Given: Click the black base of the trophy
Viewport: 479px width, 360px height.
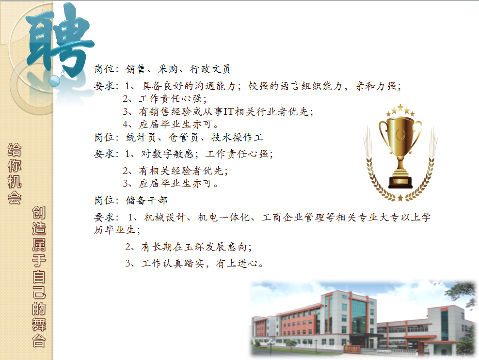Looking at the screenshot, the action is coord(400,182).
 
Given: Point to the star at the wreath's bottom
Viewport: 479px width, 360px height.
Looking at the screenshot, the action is coord(400,198).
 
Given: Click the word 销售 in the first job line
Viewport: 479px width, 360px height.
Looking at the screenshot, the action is coord(136,69).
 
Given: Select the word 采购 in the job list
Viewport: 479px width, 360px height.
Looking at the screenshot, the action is coord(168,69).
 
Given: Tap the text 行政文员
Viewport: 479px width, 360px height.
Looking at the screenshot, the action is coord(210,69).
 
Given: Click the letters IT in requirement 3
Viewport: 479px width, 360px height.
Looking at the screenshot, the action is coord(229,111).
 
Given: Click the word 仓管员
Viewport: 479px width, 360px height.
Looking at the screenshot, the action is coord(184,138).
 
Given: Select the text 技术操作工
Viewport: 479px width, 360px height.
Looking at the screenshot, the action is coord(237,138).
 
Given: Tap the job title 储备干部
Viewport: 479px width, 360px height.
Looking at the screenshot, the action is coord(146,200).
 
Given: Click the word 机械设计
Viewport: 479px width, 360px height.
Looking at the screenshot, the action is coord(165,218).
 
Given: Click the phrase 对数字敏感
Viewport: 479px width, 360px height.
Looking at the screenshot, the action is coord(167,154).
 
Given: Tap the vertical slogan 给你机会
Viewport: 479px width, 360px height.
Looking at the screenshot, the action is coord(15,173).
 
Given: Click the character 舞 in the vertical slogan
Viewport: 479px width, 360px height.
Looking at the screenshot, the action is coord(39,324).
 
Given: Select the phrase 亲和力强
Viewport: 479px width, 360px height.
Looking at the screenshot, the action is coord(376,86).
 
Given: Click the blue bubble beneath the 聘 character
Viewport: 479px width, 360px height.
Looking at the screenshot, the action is coord(54,81).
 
